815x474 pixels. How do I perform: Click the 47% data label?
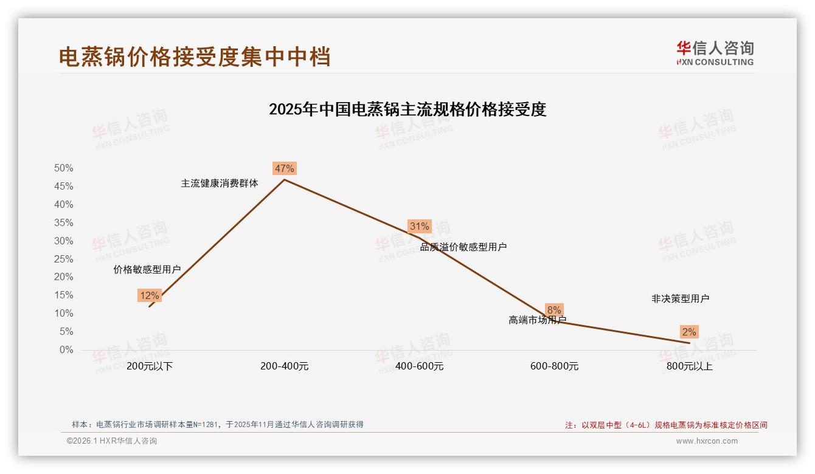click(x=284, y=168)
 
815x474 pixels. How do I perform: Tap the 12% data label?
click(x=149, y=296)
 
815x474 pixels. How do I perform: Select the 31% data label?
click(x=419, y=227)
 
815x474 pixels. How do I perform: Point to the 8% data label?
click(x=554, y=310)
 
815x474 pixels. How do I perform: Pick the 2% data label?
click(x=689, y=332)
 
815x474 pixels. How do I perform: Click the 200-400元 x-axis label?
click(x=284, y=366)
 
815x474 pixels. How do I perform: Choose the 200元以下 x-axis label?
click(x=150, y=366)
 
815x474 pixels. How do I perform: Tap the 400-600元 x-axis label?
click(x=419, y=366)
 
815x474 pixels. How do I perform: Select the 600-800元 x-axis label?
click(x=554, y=366)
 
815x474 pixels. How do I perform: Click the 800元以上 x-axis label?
click(x=689, y=366)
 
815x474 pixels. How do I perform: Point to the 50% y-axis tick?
click(x=63, y=168)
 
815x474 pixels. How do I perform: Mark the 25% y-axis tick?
click(x=63, y=259)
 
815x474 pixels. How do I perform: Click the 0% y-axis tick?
click(x=66, y=350)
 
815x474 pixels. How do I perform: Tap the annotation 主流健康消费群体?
click(x=220, y=183)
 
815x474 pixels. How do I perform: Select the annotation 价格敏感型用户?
click(x=147, y=270)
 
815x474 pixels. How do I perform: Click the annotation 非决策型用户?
click(x=680, y=298)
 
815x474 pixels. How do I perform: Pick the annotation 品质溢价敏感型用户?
click(x=463, y=247)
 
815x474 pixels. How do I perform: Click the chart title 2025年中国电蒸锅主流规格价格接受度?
click(x=407, y=109)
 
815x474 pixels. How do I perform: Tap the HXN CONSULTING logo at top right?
click(x=715, y=53)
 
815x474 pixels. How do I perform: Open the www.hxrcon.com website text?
click(x=707, y=441)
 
